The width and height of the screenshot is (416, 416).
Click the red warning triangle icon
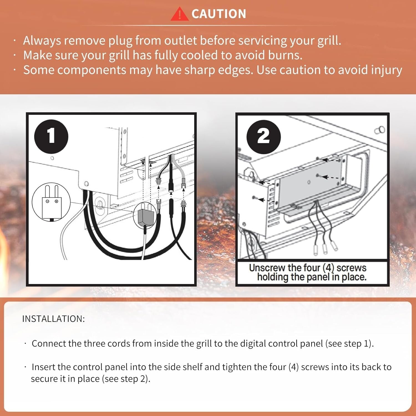[x=179, y=14]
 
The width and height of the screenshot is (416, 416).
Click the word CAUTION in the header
[x=219, y=14]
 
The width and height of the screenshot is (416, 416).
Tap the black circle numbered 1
[x=51, y=136]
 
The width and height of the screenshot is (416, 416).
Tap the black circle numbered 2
[x=263, y=137]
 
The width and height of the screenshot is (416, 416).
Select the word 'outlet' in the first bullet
[x=181, y=41]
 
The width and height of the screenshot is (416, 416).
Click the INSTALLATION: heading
[x=54, y=319]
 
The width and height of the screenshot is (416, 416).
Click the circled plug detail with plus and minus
[x=51, y=202]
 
